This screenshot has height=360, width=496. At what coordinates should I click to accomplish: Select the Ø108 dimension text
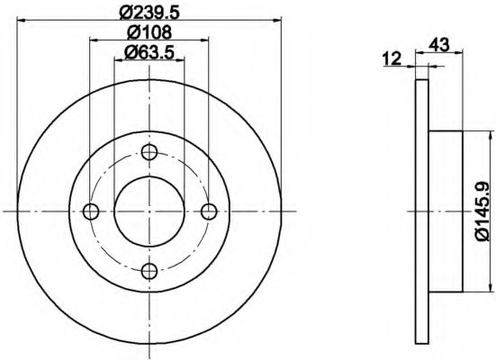pos(149,32)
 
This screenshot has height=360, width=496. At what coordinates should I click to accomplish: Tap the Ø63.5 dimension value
pos(149,52)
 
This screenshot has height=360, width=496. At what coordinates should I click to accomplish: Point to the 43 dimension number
pos(438,44)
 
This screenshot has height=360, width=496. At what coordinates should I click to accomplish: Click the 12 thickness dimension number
pos(392,58)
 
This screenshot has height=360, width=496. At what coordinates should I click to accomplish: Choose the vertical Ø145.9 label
pos(482,211)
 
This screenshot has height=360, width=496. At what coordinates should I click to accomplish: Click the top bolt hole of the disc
pos(149,152)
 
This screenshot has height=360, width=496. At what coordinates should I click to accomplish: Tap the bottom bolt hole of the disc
pos(149,271)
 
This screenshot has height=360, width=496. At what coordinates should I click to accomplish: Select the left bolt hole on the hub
pos(91,211)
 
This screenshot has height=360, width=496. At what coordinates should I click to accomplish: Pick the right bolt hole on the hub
pos(209,211)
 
